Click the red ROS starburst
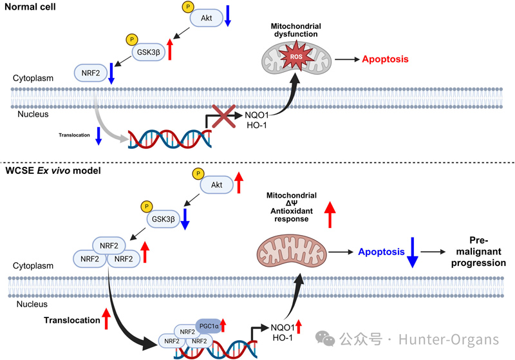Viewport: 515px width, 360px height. [x=296, y=56]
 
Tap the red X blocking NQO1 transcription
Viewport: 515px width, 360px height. [x=223, y=117]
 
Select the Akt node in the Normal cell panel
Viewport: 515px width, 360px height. [x=206, y=18]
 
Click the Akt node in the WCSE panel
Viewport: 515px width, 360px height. [x=217, y=185]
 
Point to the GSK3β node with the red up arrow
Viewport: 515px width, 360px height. [x=149, y=52]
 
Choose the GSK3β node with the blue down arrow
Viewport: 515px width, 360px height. [x=164, y=219]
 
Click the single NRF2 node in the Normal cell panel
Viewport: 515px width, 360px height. [x=91, y=73]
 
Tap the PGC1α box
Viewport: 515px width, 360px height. [x=209, y=327]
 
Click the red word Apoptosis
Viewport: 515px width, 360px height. [x=385, y=59]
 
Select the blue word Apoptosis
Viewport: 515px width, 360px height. [x=381, y=252]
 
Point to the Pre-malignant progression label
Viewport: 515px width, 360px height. [x=478, y=252]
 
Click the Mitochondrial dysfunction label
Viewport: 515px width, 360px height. [x=296, y=30]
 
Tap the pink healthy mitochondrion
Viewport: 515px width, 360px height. [x=292, y=251]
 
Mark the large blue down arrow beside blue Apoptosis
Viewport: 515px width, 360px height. [x=413, y=252]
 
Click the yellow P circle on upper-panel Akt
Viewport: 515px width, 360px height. [x=188, y=6]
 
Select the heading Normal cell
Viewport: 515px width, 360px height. [x=30, y=7]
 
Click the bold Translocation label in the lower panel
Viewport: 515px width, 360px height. [x=72, y=320]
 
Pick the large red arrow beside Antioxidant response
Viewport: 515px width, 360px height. [x=330, y=214]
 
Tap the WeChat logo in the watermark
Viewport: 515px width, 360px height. [x=325, y=339]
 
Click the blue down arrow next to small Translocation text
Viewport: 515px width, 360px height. [x=98, y=136]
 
